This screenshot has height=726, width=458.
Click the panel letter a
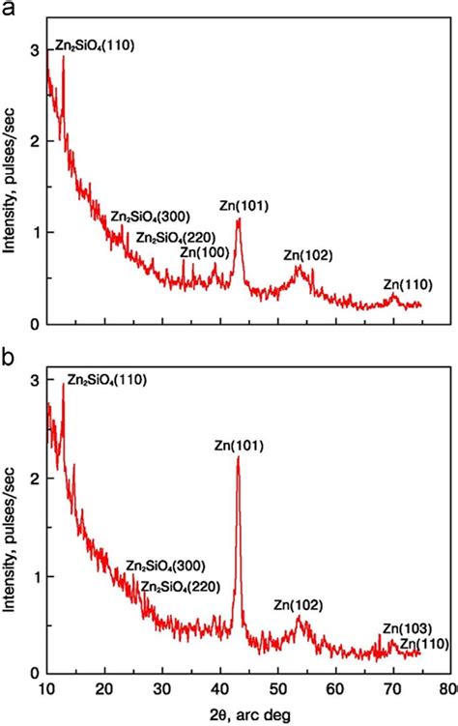[x=9, y=9]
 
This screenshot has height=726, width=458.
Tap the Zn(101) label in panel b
[x=239, y=446]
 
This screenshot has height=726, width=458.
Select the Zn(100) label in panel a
[x=205, y=252]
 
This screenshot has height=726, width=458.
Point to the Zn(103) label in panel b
[x=407, y=627]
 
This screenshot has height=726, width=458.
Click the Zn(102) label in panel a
[x=307, y=255]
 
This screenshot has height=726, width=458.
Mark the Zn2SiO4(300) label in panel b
[x=165, y=566]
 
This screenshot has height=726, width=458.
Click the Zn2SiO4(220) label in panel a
[x=175, y=237]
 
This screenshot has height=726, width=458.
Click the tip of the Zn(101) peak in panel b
[x=238, y=458]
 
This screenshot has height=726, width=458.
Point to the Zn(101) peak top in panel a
[x=238, y=219]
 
